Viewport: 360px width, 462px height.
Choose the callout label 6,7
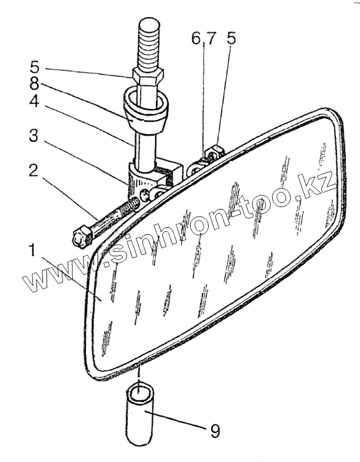coord(204,39)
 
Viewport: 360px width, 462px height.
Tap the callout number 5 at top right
coord(231,39)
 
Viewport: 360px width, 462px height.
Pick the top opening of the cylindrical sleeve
coord(139,391)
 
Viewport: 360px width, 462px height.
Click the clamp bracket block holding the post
coord(147,180)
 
